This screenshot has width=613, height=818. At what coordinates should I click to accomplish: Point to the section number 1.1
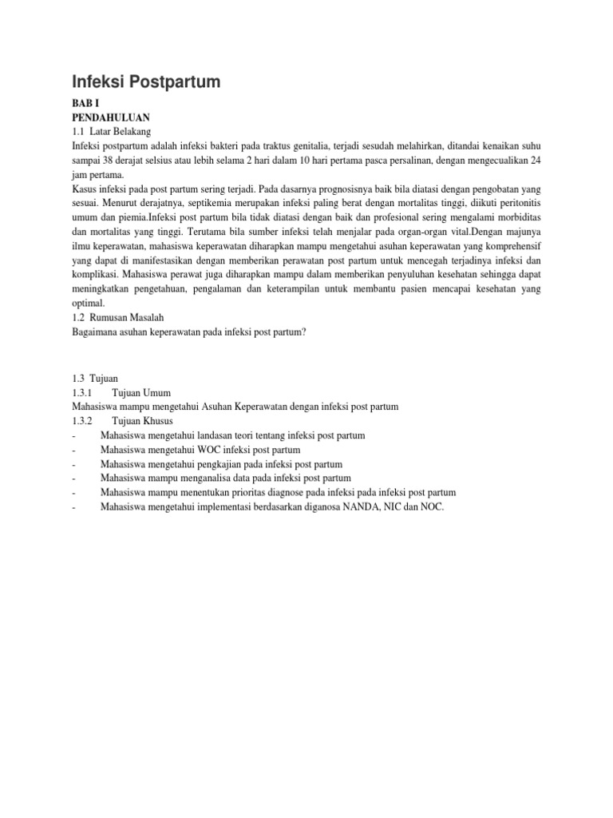click(78, 132)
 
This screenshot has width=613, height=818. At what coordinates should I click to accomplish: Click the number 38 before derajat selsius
click(110, 161)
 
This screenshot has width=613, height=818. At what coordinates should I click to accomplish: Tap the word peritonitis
click(514, 204)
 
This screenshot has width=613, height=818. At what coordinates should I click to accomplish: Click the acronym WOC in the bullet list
click(206, 450)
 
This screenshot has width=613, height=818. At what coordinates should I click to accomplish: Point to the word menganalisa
click(199, 478)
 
